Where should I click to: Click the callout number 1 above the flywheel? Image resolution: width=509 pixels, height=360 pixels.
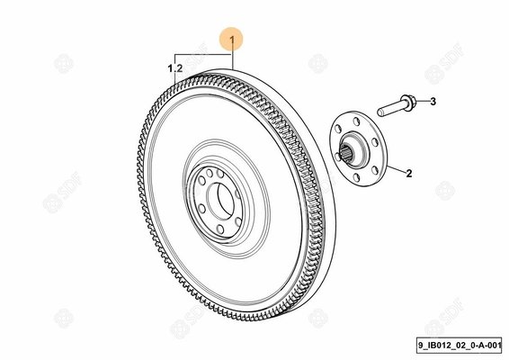pos(232,40)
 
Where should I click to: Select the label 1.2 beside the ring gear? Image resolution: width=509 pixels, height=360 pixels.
pos(175,68)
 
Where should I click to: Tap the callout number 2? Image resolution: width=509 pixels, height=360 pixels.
pos(409,173)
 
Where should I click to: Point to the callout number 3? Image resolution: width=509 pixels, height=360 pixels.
pos(433,102)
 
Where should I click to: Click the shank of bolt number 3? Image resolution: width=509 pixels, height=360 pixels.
pos(390,109)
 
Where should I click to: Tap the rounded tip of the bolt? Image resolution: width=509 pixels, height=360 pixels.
pos(380,112)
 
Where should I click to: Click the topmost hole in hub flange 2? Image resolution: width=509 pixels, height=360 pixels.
pos(356,121)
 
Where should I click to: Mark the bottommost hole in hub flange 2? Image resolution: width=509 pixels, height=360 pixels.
pos(356,177)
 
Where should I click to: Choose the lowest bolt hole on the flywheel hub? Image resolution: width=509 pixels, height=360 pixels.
pos(220,229)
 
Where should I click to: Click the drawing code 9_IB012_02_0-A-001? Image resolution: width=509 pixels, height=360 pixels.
pos(460,346)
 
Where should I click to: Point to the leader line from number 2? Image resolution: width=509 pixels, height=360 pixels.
pos(396,168)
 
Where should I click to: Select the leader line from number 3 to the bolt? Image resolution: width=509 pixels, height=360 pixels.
pos(422,101)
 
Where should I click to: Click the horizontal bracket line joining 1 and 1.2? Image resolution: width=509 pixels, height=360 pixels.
pos(204,55)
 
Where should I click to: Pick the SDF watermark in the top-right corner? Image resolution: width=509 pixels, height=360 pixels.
pos(444,63)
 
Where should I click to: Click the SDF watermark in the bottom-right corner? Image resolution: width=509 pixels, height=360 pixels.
pos(444,317)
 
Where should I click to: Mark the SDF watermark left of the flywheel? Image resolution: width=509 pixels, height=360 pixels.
pos(62,192)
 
